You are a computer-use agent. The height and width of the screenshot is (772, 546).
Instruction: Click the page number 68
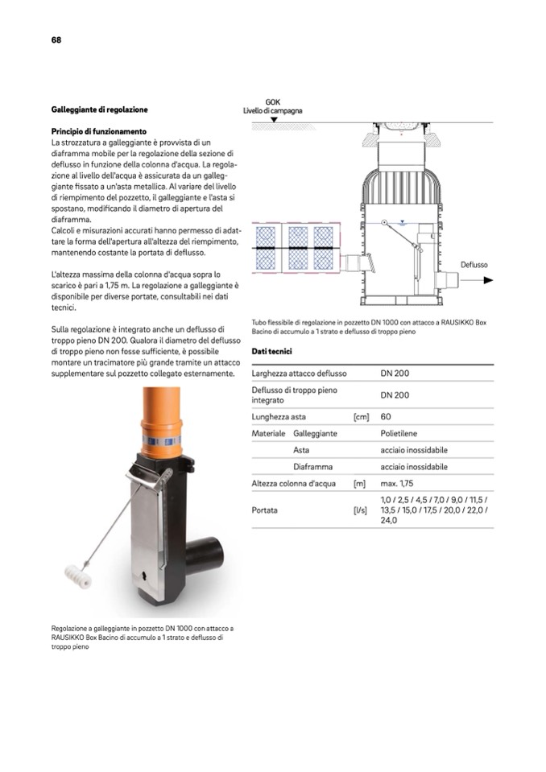(x=56, y=39)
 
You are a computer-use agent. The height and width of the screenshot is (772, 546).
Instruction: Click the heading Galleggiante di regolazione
(x=99, y=109)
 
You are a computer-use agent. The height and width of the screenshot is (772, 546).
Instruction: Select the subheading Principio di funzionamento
(x=98, y=130)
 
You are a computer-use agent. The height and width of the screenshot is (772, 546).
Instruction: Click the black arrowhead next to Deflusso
(x=487, y=280)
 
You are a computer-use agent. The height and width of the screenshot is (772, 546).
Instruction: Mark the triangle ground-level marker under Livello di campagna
(x=273, y=120)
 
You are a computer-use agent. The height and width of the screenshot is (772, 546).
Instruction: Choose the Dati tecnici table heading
(x=271, y=352)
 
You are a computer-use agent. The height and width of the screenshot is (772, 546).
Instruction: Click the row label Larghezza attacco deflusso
(x=299, y=374)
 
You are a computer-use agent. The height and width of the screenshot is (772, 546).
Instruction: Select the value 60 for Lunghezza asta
(x=386, y=416)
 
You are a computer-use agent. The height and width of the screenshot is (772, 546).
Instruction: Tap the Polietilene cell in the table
(x=404, y=433)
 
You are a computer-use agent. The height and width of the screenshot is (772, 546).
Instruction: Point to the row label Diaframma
(x=313, y=467)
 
